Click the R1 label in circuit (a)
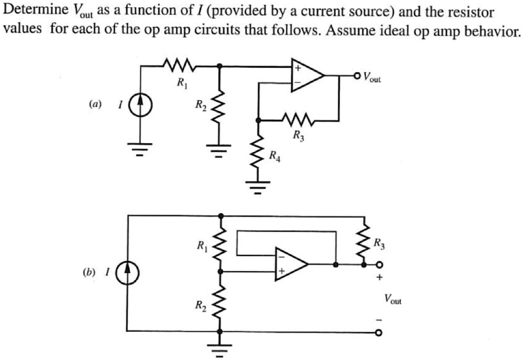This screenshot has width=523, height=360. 181,82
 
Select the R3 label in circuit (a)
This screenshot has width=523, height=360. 298,136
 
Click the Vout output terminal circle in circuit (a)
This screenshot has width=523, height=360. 357,76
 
